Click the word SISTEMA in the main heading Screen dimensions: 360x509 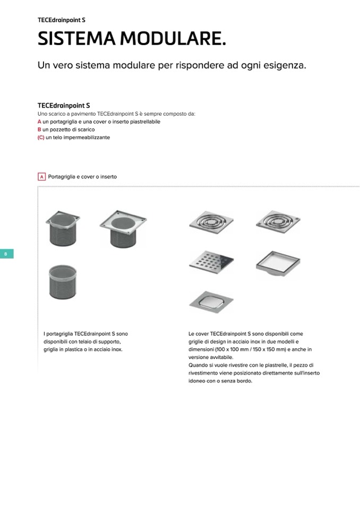pos(76,38)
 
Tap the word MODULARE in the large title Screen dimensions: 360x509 pos(173,38)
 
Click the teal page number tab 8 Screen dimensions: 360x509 pos(6,254)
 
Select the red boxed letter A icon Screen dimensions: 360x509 pos(41,177)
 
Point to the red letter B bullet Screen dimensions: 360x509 pos(39,130)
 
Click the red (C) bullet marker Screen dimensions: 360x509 pos(41,137)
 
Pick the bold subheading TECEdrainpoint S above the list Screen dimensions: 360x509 pos(64,106)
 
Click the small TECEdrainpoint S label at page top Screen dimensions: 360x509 pos(62,20)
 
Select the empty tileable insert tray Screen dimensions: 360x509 pos(278,263)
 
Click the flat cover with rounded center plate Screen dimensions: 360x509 pos(211,302)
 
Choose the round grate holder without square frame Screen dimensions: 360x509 pos(63,282)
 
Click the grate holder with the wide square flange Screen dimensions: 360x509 pos(123,229)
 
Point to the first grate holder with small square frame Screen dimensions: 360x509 pos(63,229)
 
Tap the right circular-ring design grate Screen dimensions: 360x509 pos(278,222)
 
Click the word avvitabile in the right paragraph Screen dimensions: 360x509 pos(222,357)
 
